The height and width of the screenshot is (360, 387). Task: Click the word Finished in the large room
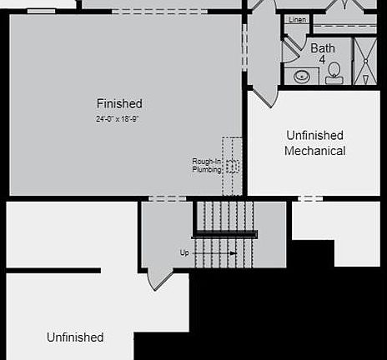tap(119, 104)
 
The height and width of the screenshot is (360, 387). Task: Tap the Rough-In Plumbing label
tap(207, 165)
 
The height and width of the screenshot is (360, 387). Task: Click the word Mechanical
tap(314, 151)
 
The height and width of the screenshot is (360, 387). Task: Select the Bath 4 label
tap(323, 53)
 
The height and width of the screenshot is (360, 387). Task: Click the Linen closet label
tap(297, 19)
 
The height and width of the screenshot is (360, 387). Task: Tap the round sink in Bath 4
tap(301, 77)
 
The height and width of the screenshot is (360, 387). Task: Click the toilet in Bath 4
tap(334, 72)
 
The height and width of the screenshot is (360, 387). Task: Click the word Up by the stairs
tap(184, 252)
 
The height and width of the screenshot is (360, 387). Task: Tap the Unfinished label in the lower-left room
tap(75, 337)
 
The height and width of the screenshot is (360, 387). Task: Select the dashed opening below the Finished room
tap(167, 198)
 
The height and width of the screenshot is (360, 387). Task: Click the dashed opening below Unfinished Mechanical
tap(309, 198)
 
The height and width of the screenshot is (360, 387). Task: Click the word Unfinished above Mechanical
tap(314, 135)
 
